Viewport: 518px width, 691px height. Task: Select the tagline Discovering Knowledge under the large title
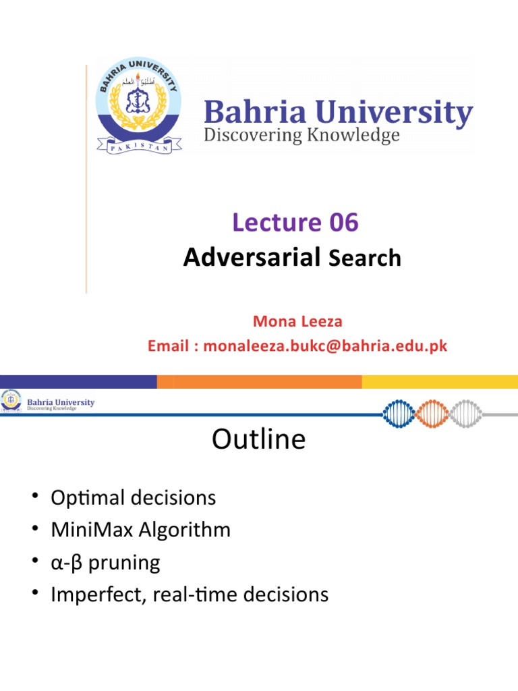click(x=301, y=136)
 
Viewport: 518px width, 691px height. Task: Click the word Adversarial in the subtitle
click(x=251, y=256)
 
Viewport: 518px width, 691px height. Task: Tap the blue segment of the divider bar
click(x=78, y=382)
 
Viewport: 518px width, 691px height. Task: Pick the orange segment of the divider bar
click(x=259, y=382)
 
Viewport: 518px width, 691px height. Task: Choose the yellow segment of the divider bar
click(x=440, y=382)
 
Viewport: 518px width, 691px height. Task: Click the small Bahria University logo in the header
click(x=12, y=402)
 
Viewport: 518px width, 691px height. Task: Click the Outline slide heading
click(x=258, y=439)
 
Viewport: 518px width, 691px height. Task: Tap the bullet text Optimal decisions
click(x=134, y=498)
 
